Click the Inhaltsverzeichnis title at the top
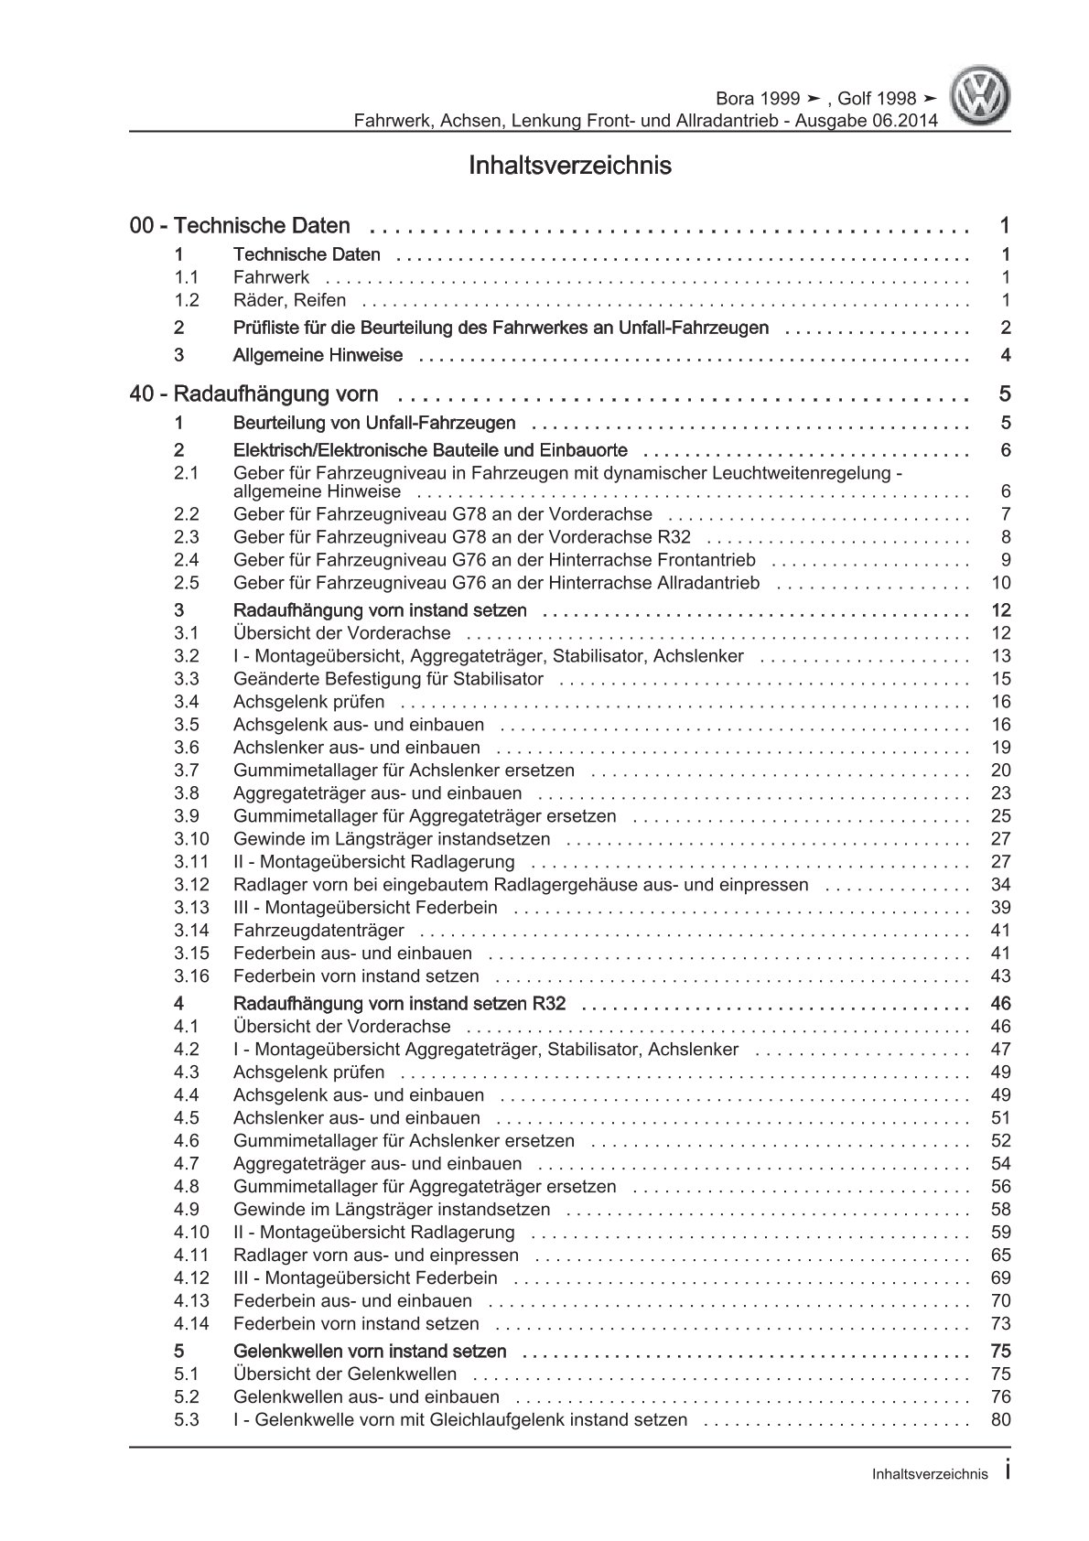pyautogui.click(x=570, y=166)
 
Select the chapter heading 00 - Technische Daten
pyautogui.click(x=241, y=225)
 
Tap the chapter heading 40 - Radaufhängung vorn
pyautogui.click(x=254, y=394)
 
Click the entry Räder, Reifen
pyautogui.click(x=290, y=300)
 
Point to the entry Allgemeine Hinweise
pyautogui.click(x=318, y=355)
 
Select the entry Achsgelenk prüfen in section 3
pyautogui.click(x=309, y=702)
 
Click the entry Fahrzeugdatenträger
pyautogui.click(x=318, y=931)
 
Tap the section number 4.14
pyautogui.click(x=191, y=1324)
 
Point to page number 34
pyautogui.click(x=1000, y=885)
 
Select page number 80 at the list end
pyautogui.click(x=1000, y=1420)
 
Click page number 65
pyautogui.click(x=1000, y=1255)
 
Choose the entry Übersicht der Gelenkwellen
pyautogui.click(x=345, y=1374)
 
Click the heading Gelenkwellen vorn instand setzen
pyautogui.click(x=370, y=1352)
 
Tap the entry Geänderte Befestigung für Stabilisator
pyautogui.click(x=388, y=679)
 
